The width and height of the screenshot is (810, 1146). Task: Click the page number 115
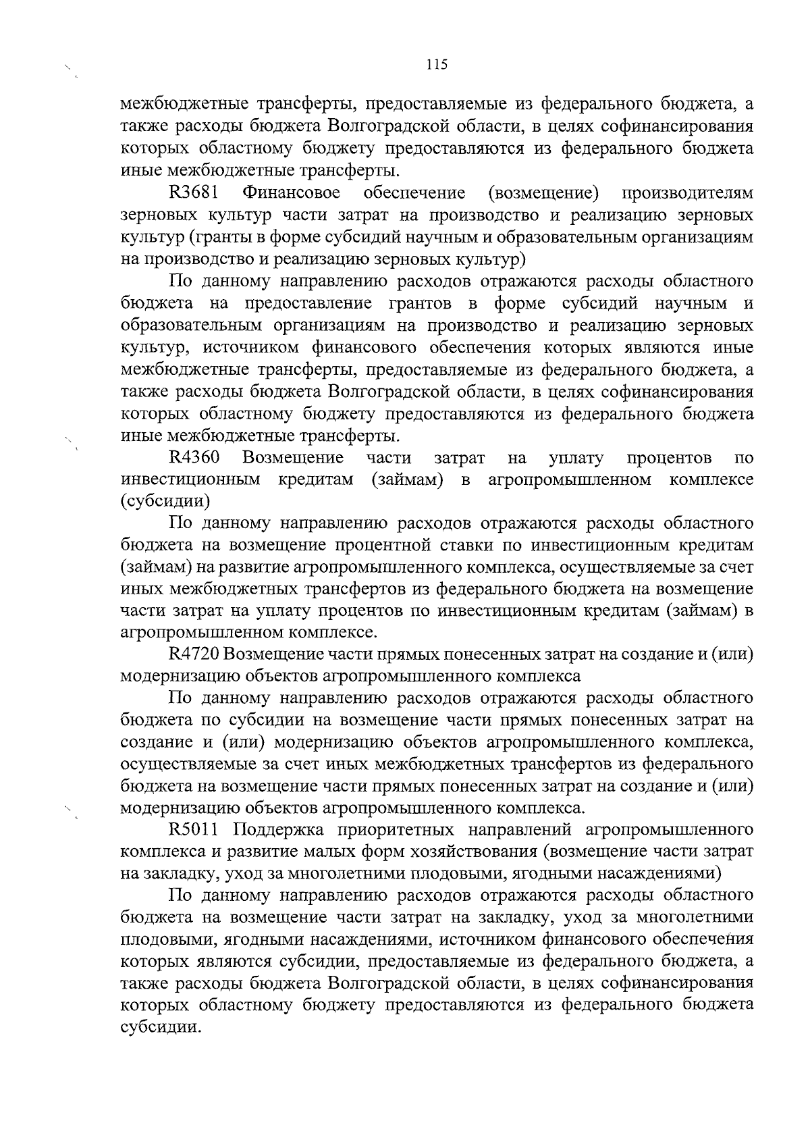[x=437, y=65]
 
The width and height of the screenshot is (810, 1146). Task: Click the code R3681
[x=193, y=193]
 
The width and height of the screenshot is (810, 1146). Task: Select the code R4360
[x=194, y=458]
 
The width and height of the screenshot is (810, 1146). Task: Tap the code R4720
[x=194, y=654]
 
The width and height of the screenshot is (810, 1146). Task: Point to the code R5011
[x=193, y=829]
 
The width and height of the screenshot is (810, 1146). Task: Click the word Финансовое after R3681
[x=292, y=193]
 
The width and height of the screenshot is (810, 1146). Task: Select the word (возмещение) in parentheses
[x=543, y=193]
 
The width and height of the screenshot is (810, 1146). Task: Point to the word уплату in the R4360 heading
[x=576, y=458]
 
